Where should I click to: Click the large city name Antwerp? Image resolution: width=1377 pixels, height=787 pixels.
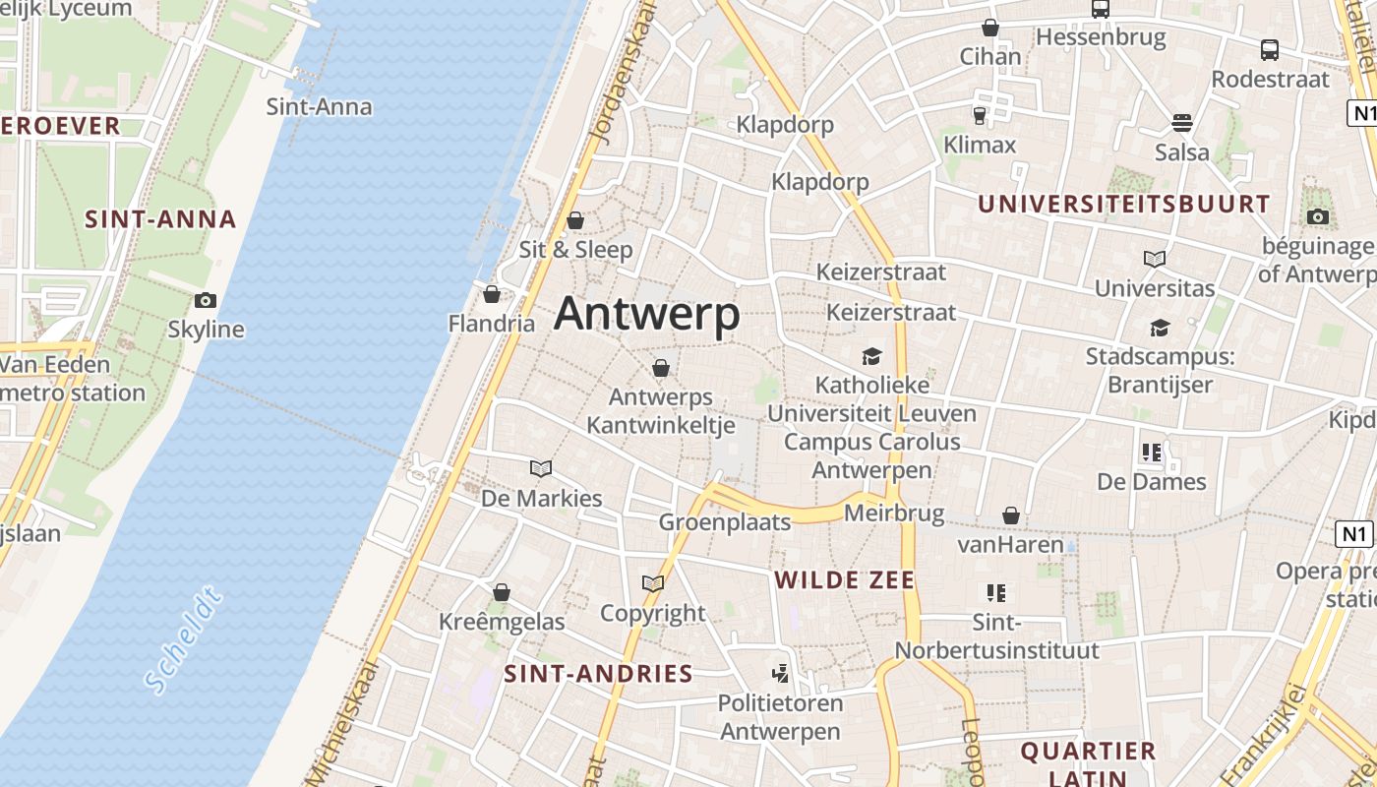[646, 315]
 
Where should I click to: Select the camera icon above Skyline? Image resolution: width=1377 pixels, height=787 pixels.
[206, 301]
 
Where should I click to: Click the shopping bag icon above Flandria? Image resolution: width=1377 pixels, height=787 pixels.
[492, 294]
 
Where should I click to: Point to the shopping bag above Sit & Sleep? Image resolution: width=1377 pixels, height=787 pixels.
[575, 220]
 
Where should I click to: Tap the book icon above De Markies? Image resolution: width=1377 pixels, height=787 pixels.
[541, 468]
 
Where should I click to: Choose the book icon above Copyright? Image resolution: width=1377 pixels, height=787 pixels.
[653, 583]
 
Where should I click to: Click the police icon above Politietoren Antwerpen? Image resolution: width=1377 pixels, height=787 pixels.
[780, 674]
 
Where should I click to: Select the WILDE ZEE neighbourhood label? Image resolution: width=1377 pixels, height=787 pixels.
[845, 580]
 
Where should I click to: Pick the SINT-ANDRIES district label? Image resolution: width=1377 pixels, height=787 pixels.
[598, 674]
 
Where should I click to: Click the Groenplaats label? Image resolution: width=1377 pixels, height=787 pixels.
[725, 522]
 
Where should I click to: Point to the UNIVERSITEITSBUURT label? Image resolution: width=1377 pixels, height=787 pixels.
[1124, 205]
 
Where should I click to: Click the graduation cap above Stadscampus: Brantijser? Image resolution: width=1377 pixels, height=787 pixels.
[1161, 328]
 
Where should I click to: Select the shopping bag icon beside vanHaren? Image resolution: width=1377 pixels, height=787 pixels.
[1011, 515]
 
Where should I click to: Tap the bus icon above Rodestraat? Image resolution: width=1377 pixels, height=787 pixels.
[1270, 50]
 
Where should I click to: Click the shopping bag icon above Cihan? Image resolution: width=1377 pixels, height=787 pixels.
[990, 29]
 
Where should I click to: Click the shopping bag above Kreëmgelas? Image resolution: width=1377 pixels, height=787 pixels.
[502, 592]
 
